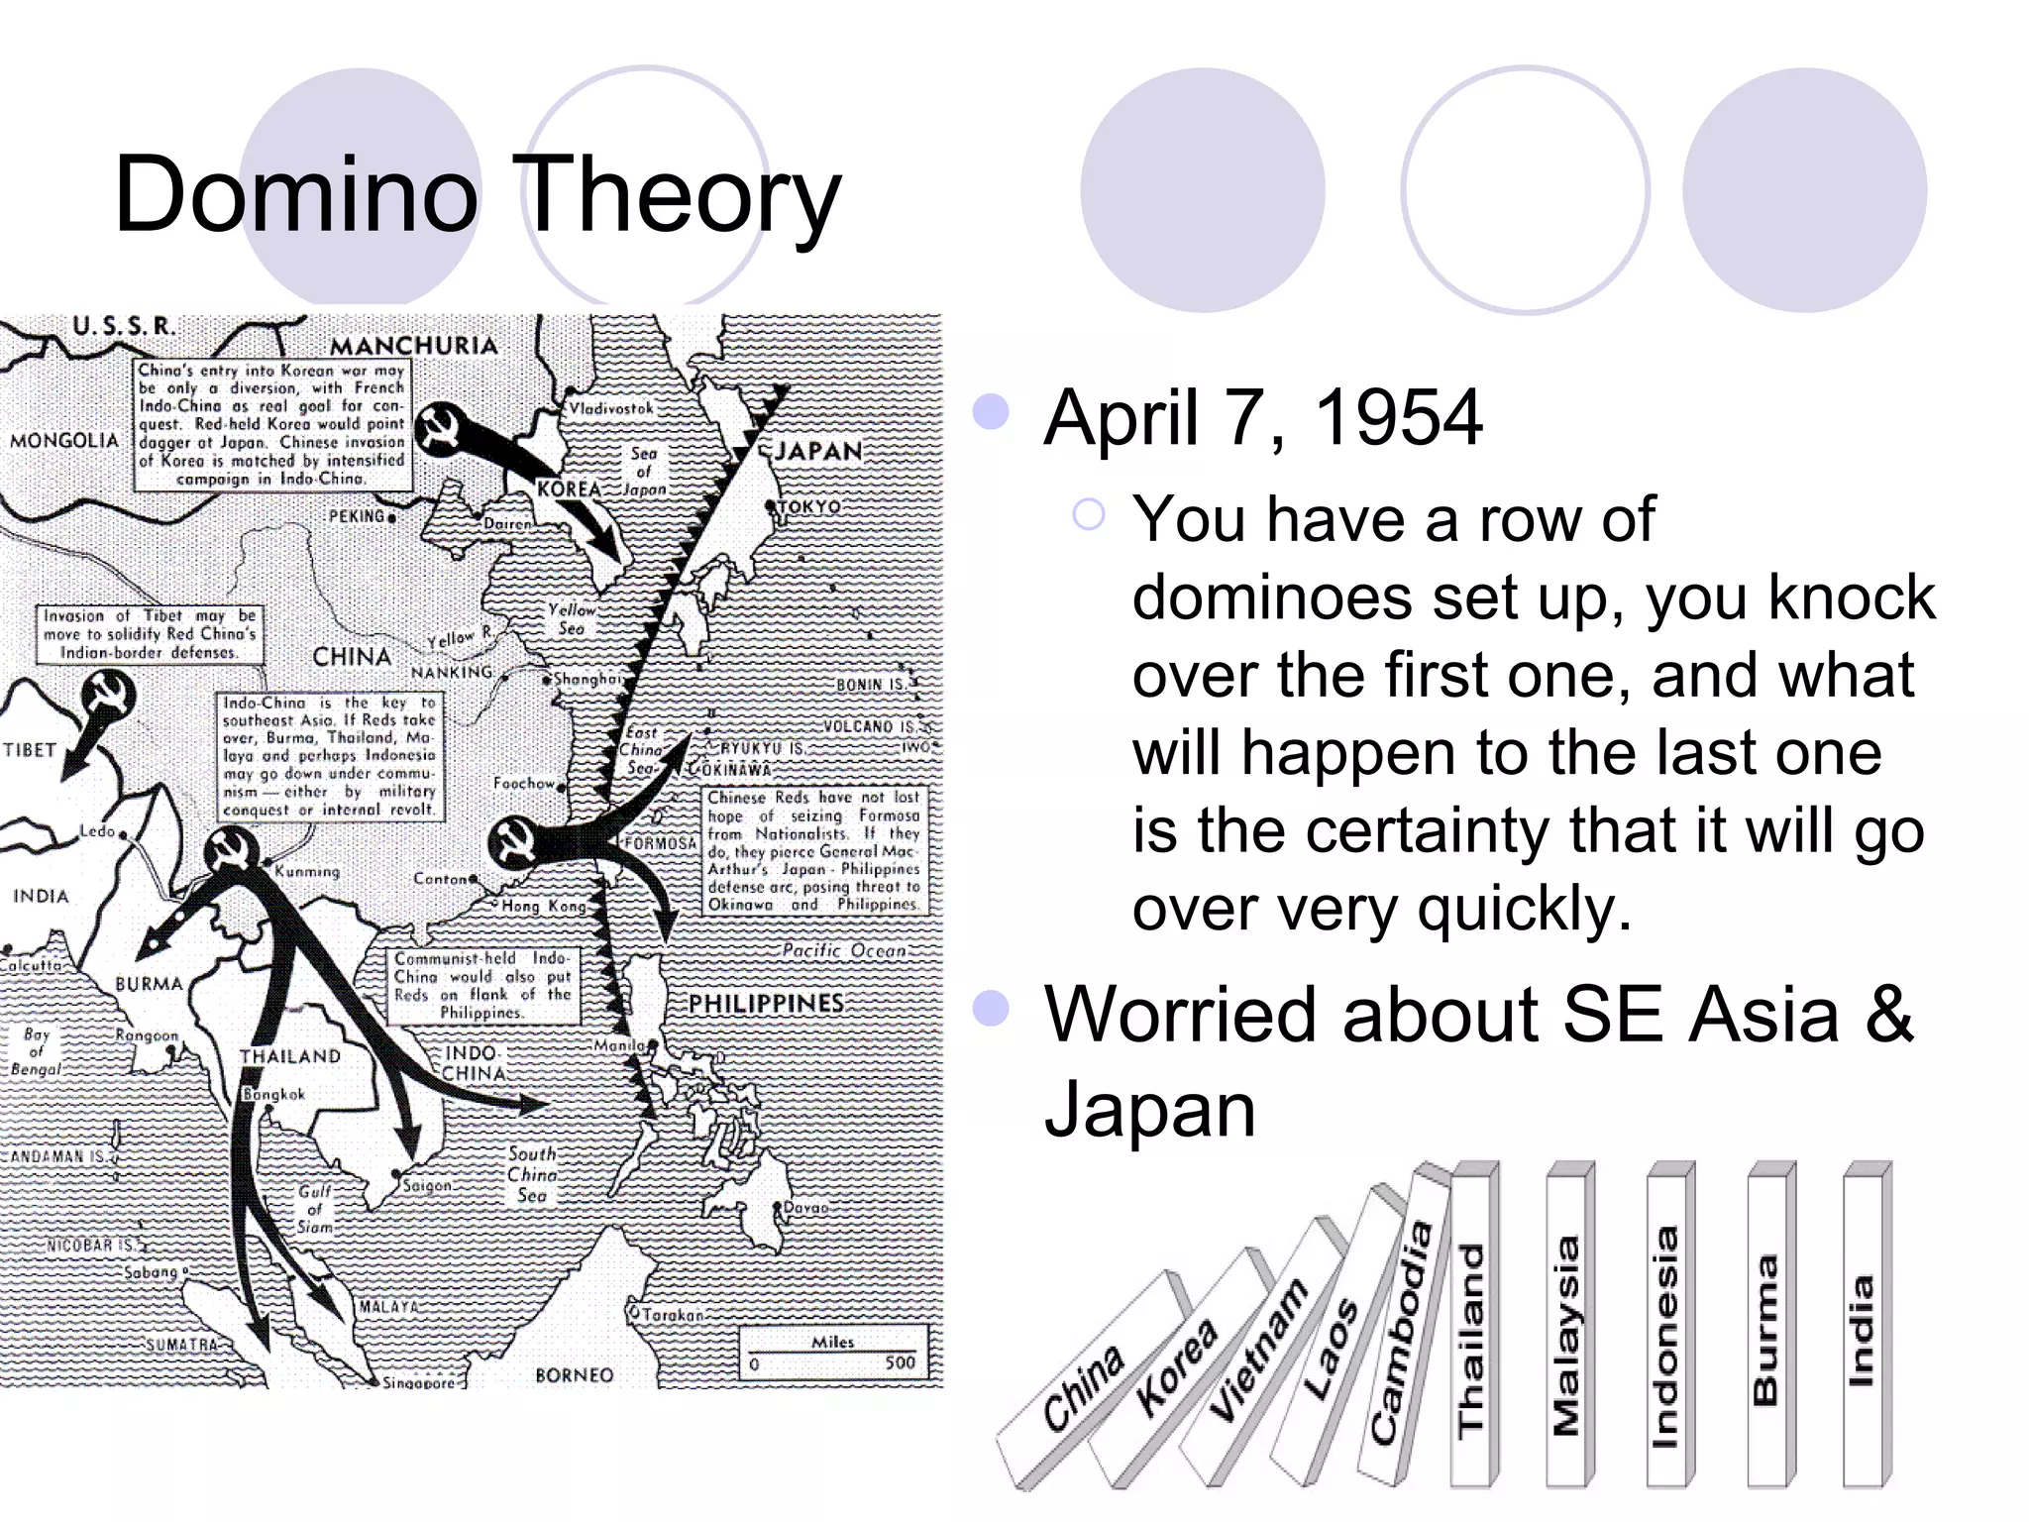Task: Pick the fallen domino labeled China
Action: (1085, 1387)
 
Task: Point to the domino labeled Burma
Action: (1765, 1328)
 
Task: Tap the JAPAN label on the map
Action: (818, 452)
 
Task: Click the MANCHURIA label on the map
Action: (413, 346)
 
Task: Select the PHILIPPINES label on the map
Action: (766, 1004)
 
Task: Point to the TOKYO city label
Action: (809, 506)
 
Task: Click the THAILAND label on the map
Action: (289, 1056)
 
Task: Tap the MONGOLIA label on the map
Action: (64, 440)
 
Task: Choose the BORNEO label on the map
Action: (574, 1375)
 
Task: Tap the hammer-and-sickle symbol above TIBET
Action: (108, 694)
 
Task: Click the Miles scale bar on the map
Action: (833, 1354)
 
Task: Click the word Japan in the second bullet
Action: (1149, 1110)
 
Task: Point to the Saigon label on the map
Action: (427, 1185)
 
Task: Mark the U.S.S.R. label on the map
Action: (124, 326)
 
